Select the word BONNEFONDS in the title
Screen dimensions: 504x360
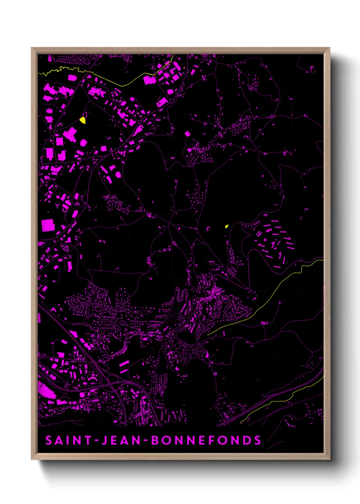coord(206,440)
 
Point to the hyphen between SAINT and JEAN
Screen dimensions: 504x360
coord(97,441)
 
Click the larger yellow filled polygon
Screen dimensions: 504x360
coord(83,120)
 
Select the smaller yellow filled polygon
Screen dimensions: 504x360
coord(226,226)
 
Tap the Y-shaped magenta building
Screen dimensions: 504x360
coord(58,206)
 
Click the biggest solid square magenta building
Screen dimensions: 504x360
coord(48,225)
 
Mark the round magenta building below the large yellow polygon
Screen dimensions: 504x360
coord(83,143)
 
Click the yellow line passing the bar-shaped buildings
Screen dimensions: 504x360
coord(279,286)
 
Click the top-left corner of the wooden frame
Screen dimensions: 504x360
coord(32,48)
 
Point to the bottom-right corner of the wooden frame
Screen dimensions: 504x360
coord(329,459)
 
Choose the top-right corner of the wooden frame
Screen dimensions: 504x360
coord(329,48)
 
